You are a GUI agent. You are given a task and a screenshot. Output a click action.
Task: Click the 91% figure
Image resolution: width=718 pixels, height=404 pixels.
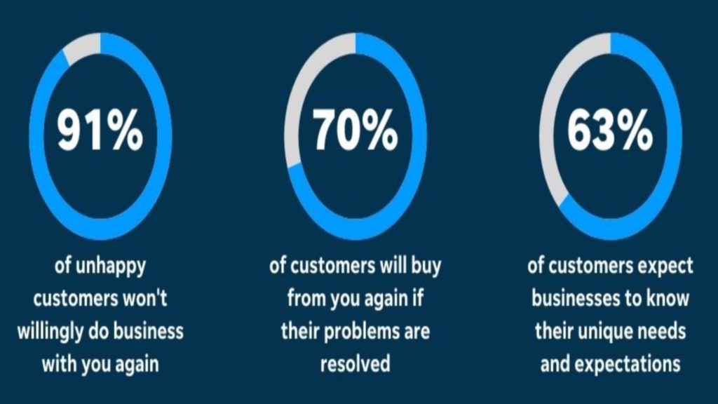[100, 130]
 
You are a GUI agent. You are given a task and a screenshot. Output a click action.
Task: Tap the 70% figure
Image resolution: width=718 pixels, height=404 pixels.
[355, 130]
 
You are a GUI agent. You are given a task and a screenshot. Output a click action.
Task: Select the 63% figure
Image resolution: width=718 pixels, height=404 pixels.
[610, 130]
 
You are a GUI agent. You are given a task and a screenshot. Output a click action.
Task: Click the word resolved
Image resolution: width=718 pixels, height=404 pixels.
[355, 364]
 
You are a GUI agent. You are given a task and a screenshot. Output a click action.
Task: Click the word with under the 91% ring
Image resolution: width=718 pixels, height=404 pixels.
[60, 364]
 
